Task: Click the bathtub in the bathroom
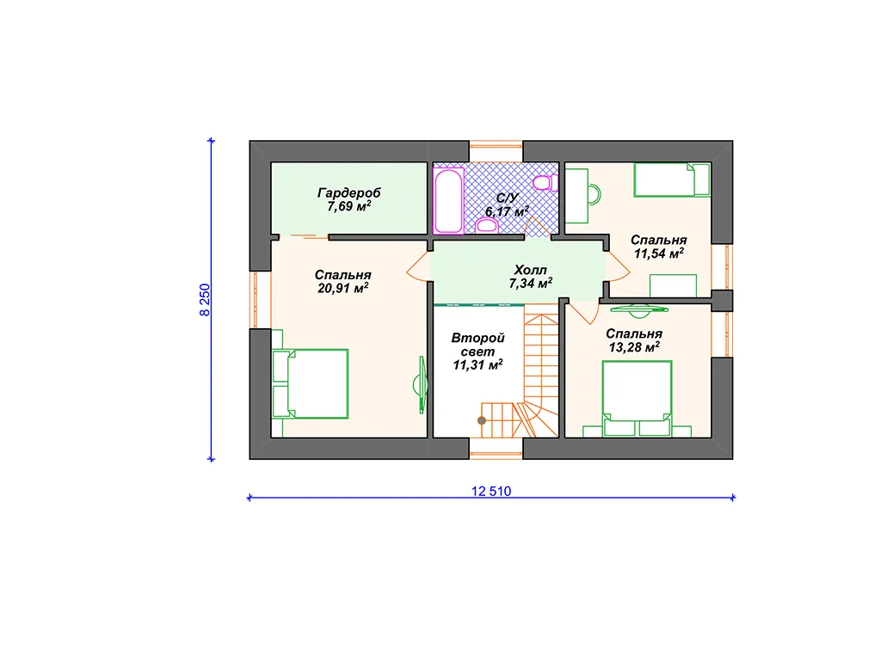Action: click(447, 201)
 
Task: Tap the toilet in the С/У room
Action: click(545, 183)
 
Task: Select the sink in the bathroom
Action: click(487, 226)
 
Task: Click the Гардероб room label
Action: click(349, 192)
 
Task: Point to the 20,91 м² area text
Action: click(342, 289)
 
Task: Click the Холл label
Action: click(530, 270)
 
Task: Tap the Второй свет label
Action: click(478, 345)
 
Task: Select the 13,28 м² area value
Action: click(634, 347)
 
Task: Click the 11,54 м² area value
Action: click(659, 254)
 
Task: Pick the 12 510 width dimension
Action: click(491, 491)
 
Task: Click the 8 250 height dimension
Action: click(205, 300)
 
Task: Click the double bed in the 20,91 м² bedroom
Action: click(311, 384)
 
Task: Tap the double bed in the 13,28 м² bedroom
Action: click(637, 399)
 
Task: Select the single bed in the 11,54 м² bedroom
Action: click(672, 180)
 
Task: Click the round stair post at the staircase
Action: click(482, 420)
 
